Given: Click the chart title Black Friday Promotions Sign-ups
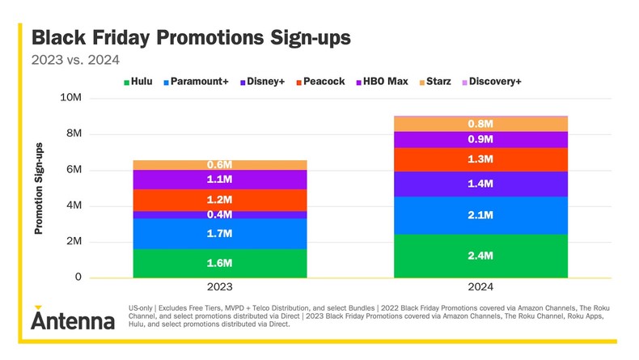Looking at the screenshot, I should [x=191, y=38].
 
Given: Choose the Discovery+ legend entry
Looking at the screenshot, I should [x=490, y=82].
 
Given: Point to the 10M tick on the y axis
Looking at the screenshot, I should [x=70, y=98].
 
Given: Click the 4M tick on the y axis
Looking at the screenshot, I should [x=73, y=205].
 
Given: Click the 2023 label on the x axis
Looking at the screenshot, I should [x=219, y=287].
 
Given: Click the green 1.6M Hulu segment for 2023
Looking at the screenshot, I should [x=219, y=263].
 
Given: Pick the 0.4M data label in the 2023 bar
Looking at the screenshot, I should [x=219, y=214].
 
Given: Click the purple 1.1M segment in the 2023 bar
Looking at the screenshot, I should [x=219, y=180].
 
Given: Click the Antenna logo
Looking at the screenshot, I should [x=73, y=319].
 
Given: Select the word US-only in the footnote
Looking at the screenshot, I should [x=143, y=308].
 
